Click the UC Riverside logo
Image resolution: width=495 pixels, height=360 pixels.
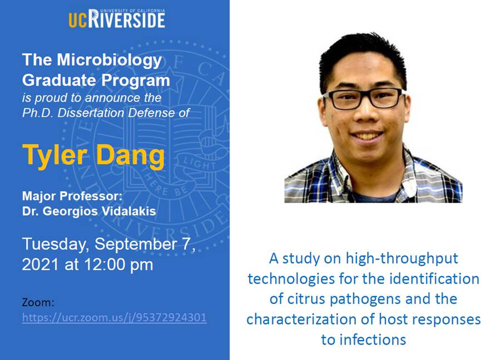116,18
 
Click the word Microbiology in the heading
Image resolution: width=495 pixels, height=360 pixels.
109,60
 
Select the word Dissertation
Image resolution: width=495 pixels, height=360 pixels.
91,113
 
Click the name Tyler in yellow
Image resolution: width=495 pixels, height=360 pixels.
55,155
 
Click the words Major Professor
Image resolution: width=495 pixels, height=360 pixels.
72,196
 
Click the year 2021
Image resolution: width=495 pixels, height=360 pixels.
41,264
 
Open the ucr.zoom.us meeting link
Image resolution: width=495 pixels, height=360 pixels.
114,317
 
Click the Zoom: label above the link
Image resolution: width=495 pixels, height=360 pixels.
38,303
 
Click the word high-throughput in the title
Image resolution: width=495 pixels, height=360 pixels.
402,259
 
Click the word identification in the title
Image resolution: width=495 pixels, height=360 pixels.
434,279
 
